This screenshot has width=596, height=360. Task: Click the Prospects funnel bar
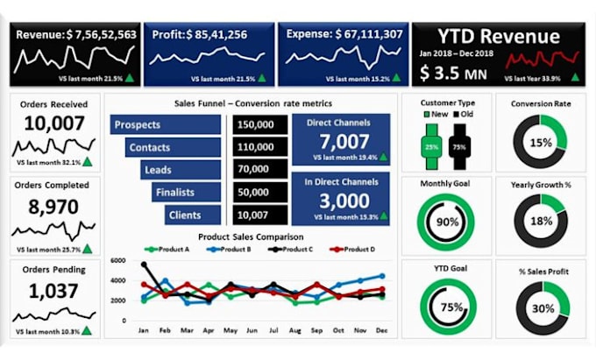tap(166, 124)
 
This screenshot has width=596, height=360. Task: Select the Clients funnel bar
tap(192, 214)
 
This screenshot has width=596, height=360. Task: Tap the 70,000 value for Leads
tap(260, 169)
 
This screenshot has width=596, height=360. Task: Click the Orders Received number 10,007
tap(55, 124)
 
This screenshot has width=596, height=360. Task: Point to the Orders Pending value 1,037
tap(55, 290)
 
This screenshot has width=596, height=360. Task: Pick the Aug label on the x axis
tap(294, 331)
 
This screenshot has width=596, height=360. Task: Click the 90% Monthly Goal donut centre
tap(447, 222)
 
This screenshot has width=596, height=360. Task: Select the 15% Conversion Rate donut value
tap(540, 143)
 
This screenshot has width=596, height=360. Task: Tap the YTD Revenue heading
tap(498, 37)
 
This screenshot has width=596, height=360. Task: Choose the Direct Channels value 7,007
tap(344, 140)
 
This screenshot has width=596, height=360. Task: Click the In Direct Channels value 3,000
tap(344, 201)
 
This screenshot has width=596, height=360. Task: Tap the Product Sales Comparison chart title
tap(250, 236)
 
